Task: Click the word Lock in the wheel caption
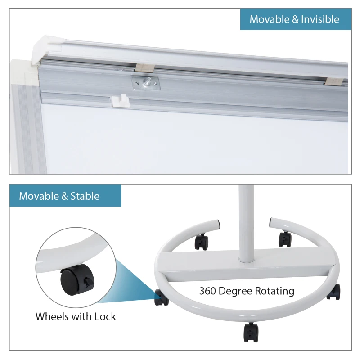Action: (x=105, y=316)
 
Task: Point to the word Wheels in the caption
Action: (x=53, y=316)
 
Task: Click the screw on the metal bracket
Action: (x=146, y=82)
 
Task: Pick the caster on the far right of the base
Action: (x=333, y=291)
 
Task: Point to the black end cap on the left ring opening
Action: (x=218, y=223)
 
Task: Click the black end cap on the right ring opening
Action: (x=271, y=222)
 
